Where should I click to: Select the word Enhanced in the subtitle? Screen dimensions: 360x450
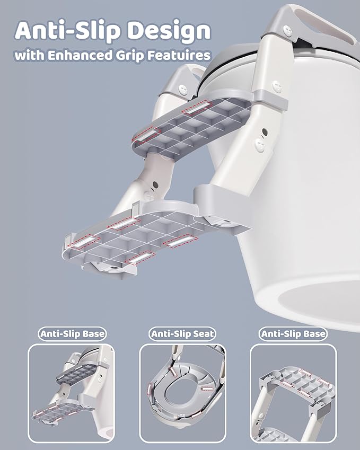coord(80,55)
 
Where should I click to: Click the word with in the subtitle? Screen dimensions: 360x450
coord(30,55)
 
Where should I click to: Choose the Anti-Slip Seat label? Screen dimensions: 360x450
coord(182,334)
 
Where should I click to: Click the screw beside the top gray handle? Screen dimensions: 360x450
coord(287,29)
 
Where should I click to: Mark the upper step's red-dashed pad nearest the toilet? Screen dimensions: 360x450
coord(196,108)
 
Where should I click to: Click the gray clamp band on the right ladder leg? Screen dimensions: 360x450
coord(271,98)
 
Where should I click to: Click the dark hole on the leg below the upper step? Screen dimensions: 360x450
coord(155,184)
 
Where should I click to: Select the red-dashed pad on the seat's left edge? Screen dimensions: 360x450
coord(150,390)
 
